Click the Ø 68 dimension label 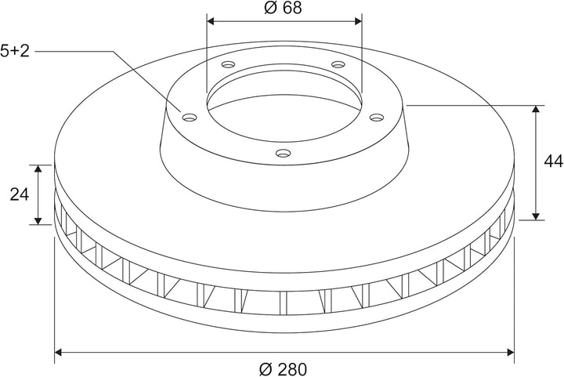tap(283, 8)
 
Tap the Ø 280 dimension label tap(284, 369)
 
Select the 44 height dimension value tap(554, 161)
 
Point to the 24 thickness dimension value tap(20, 194)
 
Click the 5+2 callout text tap(15, 51)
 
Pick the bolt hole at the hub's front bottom tap(283, 154)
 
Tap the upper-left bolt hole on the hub tap(228, 65)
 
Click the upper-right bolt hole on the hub tap(338, 64)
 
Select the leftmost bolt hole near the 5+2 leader tap(190, 118)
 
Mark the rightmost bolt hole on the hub tap(377, 118)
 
